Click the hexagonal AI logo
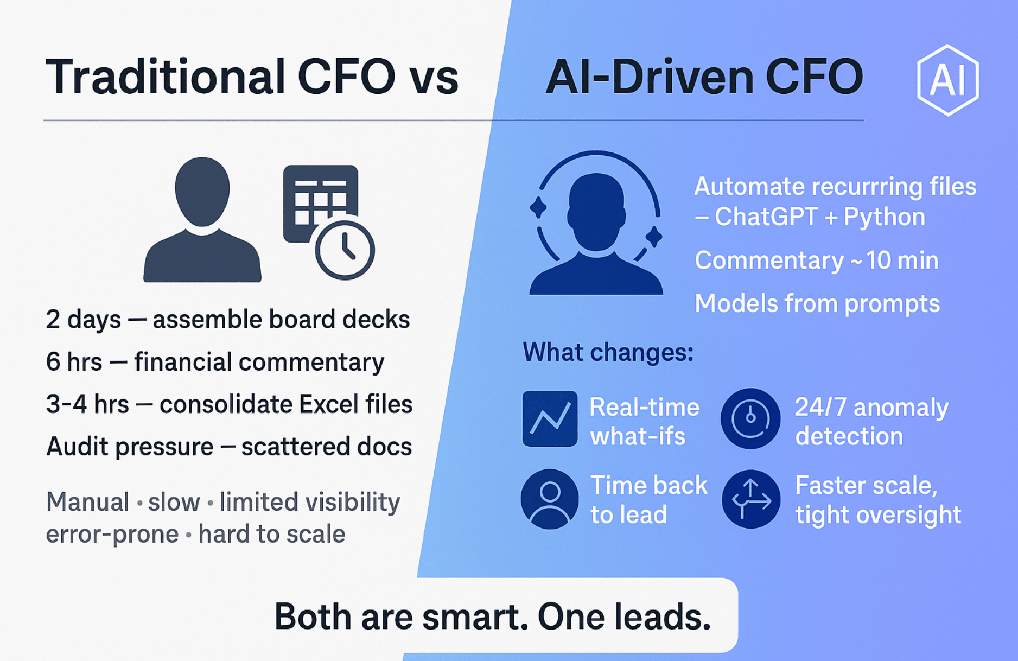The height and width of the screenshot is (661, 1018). (x=947, y=80)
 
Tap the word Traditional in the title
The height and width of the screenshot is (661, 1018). (x=166, y=77)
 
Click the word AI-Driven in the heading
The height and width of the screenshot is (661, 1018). (x=650, y=77)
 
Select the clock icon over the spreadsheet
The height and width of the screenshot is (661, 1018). (x=345, y=250)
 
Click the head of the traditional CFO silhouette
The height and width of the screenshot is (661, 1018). (x=202, y=192)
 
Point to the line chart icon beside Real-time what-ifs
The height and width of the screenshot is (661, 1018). (x=550, y=418)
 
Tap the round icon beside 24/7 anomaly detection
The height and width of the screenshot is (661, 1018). (x=750, y=418)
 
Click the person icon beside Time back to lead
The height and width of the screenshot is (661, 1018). (x=550, y=499)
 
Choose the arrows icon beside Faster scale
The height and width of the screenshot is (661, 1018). (x=751, y=499)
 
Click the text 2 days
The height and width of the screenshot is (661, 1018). (x=83, y=319)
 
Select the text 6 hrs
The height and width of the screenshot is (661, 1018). (x=74, y=361)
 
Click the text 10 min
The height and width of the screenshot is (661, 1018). (x=902, y=260)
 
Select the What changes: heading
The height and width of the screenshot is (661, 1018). (x=608, y=352)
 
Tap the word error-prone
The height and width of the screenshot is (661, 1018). (x=112, y=534)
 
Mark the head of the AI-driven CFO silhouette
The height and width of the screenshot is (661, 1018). (x=596, y=212)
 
